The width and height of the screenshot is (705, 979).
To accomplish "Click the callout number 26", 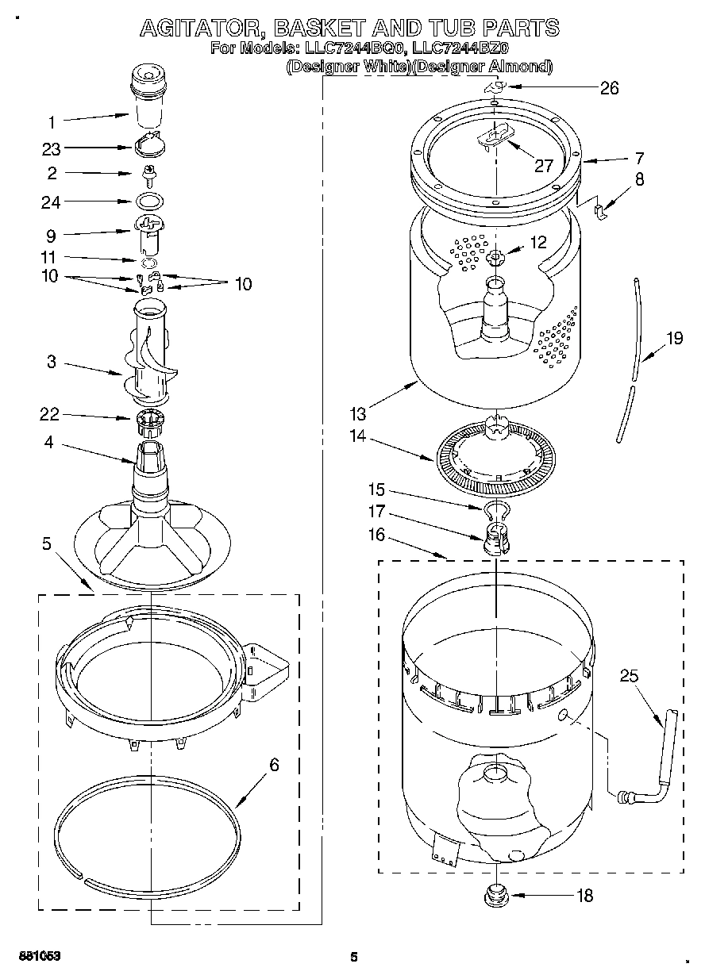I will coord(609,88).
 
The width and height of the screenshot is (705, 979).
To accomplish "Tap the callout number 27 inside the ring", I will coord(542,166).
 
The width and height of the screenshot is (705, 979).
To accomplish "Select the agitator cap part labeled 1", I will coord(149,97).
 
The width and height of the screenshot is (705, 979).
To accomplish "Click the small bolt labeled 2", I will coord(148,172).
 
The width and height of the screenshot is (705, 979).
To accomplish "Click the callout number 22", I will coord(50,414).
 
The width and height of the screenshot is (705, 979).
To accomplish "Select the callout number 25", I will coord(629,676).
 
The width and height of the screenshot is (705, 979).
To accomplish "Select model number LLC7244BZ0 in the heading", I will coord(461,49).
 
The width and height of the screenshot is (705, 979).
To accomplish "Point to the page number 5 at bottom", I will coord(354,957).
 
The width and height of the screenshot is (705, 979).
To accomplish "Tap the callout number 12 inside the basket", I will coord(537,243).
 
